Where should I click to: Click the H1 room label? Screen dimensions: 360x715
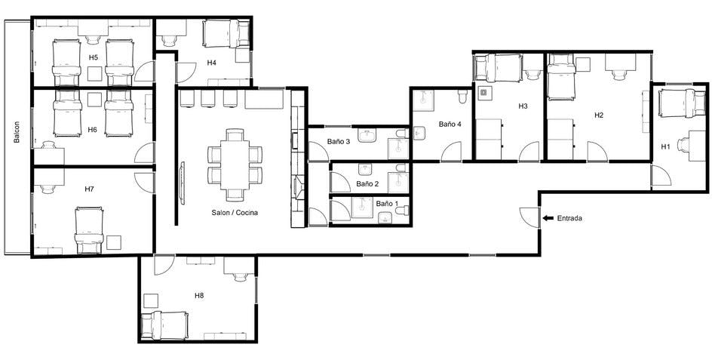665,146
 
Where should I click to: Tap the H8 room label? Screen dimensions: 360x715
198,295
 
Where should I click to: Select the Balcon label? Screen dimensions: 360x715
17,131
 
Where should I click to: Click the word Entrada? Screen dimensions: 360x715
569,219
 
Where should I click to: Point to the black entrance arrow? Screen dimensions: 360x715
547,219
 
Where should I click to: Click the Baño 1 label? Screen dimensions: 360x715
385,204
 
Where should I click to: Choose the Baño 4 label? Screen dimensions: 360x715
450,123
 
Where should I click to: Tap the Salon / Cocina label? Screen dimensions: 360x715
235,213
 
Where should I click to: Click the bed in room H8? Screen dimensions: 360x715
167,325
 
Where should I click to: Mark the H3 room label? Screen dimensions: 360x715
523,106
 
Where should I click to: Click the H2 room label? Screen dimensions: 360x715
599,115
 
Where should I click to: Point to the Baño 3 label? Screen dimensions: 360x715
339,141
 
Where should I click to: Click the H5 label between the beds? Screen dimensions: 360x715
93,57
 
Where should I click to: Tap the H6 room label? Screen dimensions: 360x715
92,130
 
